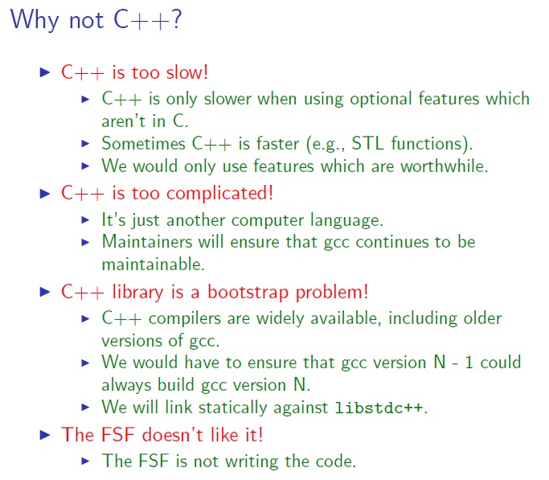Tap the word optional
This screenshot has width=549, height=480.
[360, 99]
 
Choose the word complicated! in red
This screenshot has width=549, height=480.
[230, 193]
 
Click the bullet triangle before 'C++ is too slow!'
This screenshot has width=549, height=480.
[45, 72]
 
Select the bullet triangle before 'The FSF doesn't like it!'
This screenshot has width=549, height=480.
[45, 435]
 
